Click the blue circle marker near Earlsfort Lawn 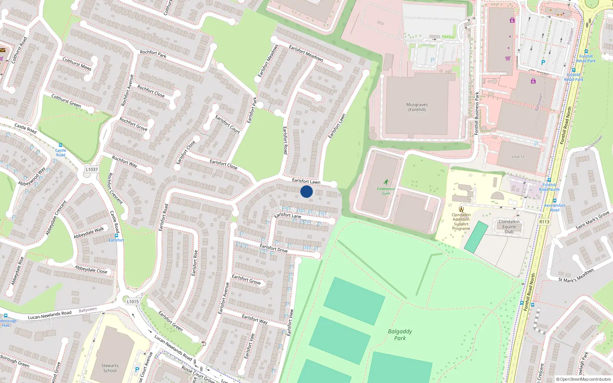point(306,191)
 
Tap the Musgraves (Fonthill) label point(417,107)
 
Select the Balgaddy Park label point(400,334)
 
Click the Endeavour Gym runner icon point(386,182)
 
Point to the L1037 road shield point(92,169)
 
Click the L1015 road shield point(133,301)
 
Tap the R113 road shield point(544,222)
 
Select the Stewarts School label point(110,368)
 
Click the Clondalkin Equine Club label point(509,226)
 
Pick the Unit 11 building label point(518,157)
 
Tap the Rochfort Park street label point(153,54)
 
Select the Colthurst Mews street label point(77,64)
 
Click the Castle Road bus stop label point(61,152)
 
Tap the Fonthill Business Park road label point(477,113)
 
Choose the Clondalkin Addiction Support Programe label point(461,222)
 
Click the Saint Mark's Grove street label point(592,221)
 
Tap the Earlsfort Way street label point(255,319)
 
